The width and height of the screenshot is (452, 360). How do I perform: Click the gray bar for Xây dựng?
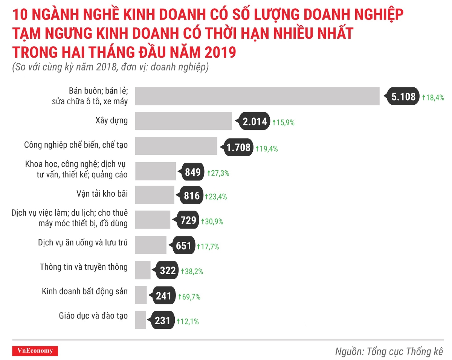tap(183, 121)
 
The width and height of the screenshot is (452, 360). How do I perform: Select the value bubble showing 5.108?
tap(403, 97)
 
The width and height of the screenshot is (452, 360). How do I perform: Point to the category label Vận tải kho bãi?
tap(102, 194)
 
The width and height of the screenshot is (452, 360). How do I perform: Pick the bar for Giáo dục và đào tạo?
tap(140, 320)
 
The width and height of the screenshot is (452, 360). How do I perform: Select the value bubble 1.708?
tap(238, 148)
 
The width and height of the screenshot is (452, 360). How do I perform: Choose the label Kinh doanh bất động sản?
tap(85, 291)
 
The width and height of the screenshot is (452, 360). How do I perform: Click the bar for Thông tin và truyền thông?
tap(143, 270)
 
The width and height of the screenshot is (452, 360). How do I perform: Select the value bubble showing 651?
tap(184, 246)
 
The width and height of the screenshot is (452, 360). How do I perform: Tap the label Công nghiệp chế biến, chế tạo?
tap(76, 145)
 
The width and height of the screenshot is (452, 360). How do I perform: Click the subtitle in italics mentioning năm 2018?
tap(110, 68)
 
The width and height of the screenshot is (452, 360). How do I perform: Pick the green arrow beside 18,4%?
tap(424, 97)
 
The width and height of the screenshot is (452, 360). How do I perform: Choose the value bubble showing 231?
tap(163, 321)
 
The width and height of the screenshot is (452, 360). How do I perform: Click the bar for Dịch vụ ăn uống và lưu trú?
tap(151, 245)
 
